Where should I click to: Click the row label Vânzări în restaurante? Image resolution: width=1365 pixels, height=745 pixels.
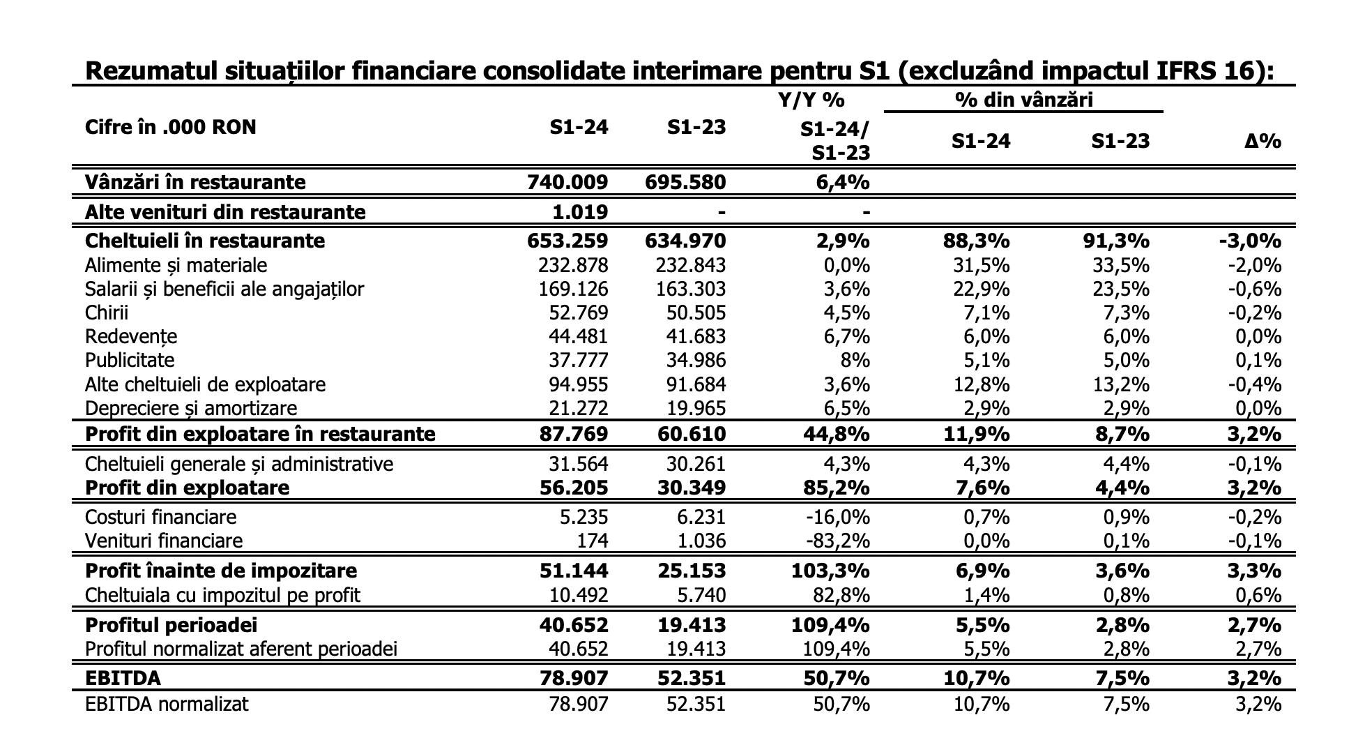tap(195, 182)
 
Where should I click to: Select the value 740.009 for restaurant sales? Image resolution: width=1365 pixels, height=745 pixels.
tap(567, 182)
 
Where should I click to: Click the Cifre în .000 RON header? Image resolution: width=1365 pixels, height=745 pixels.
tap(170, 127)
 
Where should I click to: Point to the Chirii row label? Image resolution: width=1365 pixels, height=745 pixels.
tap(107, 313)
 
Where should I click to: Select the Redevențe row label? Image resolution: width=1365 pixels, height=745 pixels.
tap(131, 337)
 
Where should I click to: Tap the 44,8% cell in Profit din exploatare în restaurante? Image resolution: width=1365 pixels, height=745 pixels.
tap(835, 434)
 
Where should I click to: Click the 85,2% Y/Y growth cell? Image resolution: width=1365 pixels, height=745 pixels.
tap(835, 487)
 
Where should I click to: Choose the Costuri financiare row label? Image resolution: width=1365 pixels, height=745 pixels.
tap(160, 517)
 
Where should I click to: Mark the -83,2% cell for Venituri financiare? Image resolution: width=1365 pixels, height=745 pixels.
tap(837, 541)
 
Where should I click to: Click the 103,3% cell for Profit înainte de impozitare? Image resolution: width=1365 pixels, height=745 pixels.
tap(830, 571)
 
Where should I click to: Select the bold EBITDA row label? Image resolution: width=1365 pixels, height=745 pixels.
tap(123, 678)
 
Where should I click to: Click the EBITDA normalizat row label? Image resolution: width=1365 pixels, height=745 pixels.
tap(167, 704)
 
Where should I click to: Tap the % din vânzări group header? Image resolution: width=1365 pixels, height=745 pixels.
tap(1023, 100)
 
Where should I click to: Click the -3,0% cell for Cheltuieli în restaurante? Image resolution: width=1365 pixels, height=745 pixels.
tap(1250, 241)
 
